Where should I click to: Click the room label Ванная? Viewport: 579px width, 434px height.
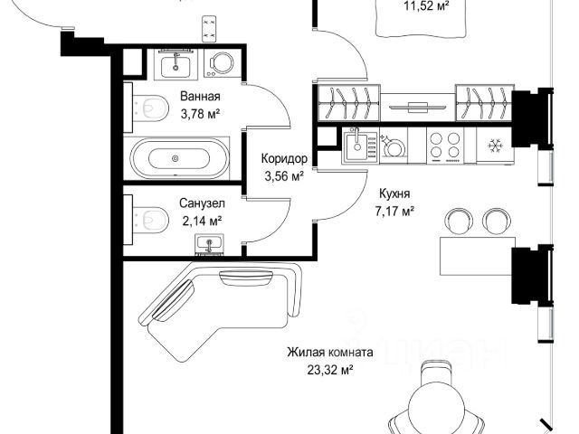click(x=200, y=97)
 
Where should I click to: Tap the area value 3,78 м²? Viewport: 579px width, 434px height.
click(x=200, y=114)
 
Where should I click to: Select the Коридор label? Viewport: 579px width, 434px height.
click(x=284, y=159)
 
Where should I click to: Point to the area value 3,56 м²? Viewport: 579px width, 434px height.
click(x=284, y=176)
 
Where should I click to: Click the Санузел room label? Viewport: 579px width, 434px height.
click(x=202, y=203)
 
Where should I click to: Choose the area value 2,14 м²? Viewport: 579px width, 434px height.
click(x=202, y=221)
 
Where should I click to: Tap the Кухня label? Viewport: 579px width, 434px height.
click(x=394, y=193)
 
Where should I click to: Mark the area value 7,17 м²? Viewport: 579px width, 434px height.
click(x=394, y=212)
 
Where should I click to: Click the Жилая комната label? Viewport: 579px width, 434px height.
click(x=330, y=352)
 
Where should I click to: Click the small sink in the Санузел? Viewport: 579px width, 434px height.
click(x=209, y=244)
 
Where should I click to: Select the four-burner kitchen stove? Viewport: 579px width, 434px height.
click(x=445, y=146)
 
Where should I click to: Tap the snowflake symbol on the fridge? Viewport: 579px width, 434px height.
click(x=495, y=146)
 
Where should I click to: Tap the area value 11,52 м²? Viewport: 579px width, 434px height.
click(x=426, y=6)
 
